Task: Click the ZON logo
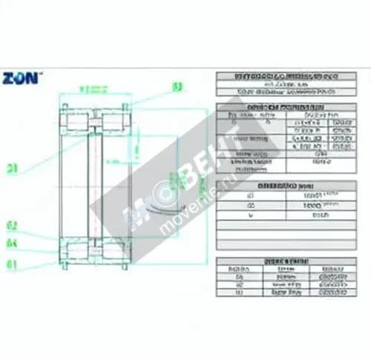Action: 22,76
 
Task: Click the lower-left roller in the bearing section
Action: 75,252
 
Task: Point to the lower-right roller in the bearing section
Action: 112,252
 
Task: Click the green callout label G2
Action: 12,225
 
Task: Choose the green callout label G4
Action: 12,242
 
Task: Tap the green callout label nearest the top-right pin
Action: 177,87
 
